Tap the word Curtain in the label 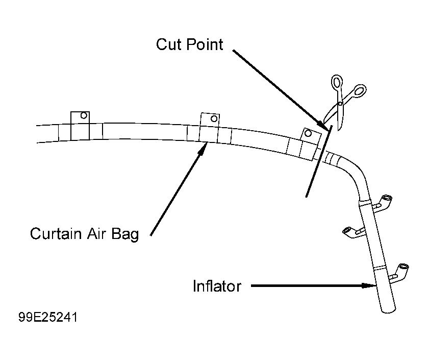(x=56, y=233)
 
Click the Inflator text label (x=217, y=286)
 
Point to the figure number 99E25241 (x=48, y=318)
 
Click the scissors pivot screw (x=340, y=104)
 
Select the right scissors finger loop (x=359, y=90)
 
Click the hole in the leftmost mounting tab (x=84, y=115)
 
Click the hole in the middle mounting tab (x=214, y=118)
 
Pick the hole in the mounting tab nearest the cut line (x=308, y=133)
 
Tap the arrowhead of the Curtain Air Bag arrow (x=202, y=149)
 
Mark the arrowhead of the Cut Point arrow (x=323, y=125)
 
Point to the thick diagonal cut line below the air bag (x=319, y=161)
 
